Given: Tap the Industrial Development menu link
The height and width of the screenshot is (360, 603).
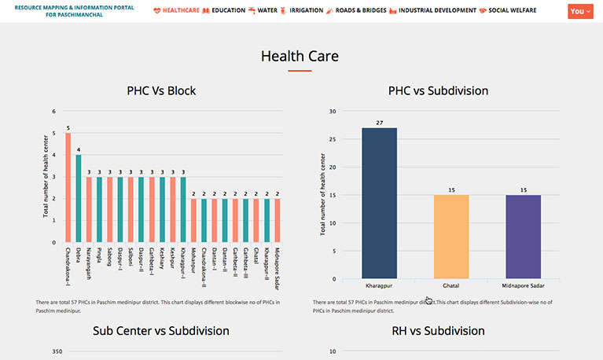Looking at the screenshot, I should (437, 11).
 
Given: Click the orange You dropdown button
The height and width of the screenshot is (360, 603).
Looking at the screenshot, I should (580, 11).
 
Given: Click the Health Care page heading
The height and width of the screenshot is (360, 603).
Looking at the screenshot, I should (300, 56).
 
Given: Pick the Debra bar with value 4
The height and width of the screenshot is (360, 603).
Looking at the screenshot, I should (79, 198).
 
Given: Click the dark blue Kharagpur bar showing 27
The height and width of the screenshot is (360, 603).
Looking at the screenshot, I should (379, 203).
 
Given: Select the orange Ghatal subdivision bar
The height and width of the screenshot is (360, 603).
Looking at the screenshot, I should (451, 237).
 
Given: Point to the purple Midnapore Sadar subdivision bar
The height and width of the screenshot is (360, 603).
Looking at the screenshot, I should (523, 237).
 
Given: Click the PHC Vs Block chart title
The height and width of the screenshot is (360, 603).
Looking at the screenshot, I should (161, 91).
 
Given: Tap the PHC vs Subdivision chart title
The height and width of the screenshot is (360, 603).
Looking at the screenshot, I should (438, 91).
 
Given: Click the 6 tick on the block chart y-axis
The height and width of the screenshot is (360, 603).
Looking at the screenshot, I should (54, 112).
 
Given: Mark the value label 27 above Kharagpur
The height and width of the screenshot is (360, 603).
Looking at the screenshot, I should (379, 123).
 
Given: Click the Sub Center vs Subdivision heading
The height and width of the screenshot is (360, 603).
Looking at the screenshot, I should (161, 331).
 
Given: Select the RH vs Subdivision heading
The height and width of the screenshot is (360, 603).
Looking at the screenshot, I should (438, 331).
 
